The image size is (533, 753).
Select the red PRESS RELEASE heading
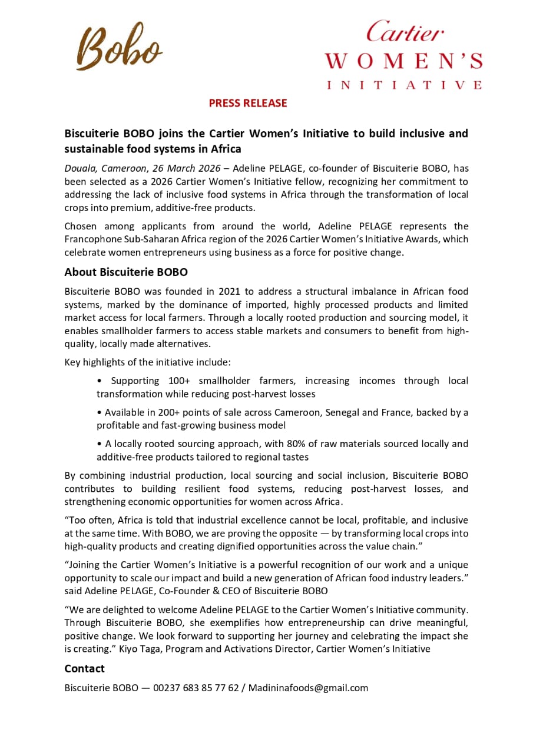[x=247, y=104]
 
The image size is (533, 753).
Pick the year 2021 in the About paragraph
[x=230, y=292]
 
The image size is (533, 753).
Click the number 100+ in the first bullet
[x=179, y=381]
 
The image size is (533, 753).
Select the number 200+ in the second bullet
[x=170, y=412]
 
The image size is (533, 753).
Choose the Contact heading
[x=84, y=669]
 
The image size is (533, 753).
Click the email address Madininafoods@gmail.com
[x=308, y=688]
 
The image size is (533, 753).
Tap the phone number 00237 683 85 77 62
[x=196, y=688]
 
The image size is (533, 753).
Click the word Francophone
[x=92, y=239]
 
